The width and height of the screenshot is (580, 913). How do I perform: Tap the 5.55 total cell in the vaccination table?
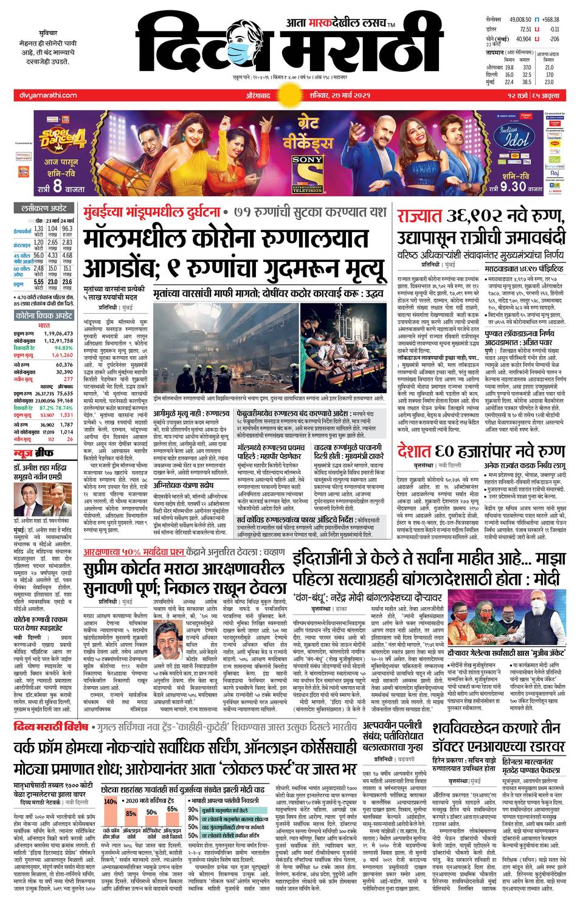[x=38, y=282]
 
